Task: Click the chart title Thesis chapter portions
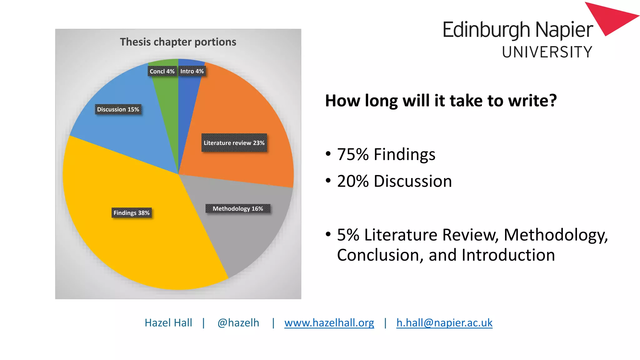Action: (178, 42)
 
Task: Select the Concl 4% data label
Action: (162, 71)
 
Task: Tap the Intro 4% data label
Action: (192, 71)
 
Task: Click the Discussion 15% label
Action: (118, 109)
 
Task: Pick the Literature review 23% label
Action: (234, 143)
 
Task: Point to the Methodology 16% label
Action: (238, 208)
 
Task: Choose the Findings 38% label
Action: (132, 213)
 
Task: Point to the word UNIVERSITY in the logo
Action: (547, 52)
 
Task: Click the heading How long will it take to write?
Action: (441, 101)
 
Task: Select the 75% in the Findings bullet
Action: (353, 154)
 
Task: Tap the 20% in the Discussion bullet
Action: (353, 181)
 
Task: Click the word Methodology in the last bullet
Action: (556, 235)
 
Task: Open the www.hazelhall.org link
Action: (329, 322)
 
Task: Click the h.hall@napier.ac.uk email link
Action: (444, 322)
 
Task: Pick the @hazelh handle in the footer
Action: (238, 322)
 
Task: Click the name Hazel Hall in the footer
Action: (168, 322)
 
